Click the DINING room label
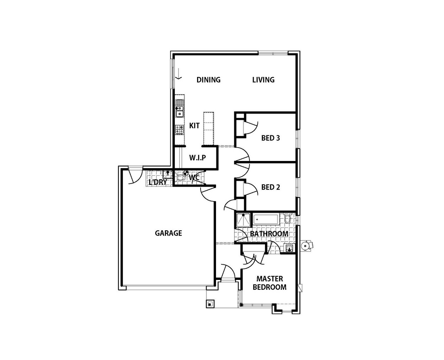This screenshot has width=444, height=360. click(x=208, y=79)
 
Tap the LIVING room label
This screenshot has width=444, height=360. click(x=263, y=79)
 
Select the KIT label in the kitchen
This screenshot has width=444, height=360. click(x=194, y=126)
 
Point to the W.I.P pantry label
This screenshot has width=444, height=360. click(x=197, y=158)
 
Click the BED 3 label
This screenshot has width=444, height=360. click(x=270, y=138)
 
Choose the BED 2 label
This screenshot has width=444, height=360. click(x=270, y=187)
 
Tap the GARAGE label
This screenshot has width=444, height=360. click(x=168, y=233)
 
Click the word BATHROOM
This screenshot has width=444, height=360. click(x=269, y=234)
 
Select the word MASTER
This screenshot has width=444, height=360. click(x=269, y=278)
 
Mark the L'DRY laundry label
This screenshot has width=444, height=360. click(x=158, y=182)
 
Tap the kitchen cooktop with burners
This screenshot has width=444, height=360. click(x=179, y=129)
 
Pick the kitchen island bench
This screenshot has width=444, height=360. click(x=208, y=128)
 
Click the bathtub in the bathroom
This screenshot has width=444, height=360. click(x=266, y=220)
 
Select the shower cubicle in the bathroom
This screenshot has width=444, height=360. click(x=243, y=220)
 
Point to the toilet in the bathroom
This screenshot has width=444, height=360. click(x=288, y=218)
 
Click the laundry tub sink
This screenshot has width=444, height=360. click(x=167, y=174)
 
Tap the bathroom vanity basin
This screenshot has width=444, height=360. click(x=289, y=248)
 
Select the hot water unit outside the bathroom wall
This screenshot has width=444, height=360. click(x=306, y=246)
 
